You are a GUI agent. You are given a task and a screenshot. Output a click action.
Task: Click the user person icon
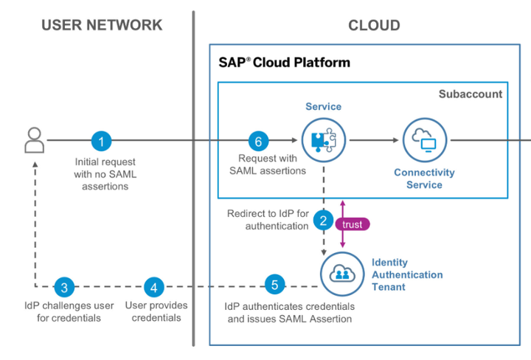(x=34, y=139)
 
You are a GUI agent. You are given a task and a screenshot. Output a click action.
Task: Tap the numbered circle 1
(x=102, y=140)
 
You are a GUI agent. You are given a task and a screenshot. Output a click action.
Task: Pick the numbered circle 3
(x=64, y=287)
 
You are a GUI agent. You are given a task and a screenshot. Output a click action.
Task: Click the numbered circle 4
(x=153, y=287)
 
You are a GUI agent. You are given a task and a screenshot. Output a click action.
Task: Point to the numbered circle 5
(x=274, y=284)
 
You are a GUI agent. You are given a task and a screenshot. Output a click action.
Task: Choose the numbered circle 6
(x=257, y=140)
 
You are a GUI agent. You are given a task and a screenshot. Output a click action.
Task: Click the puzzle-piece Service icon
(x=323, y=139)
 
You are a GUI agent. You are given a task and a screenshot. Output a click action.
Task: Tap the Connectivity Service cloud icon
(x=424, y=139)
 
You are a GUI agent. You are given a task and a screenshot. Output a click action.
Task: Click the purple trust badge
(x=353, y=224)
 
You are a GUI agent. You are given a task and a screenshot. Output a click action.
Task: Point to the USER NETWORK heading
(x=102, y=25)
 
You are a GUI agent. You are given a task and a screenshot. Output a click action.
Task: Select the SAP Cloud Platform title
(x=284, y=63)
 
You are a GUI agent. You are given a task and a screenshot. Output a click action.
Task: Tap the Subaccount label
(x=471, y=94)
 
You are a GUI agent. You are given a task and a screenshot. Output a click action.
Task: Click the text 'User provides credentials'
(x=156, y=311)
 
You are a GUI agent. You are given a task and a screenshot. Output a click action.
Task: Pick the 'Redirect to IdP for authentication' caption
(x=268, y=220)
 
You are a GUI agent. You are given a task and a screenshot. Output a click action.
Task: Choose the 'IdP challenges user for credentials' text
(x=62, y=311)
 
